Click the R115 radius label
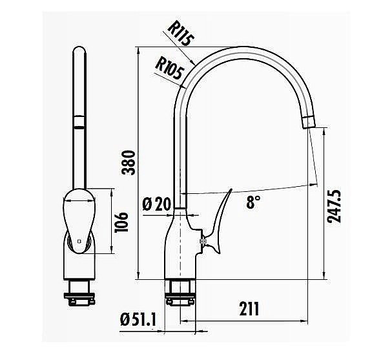(x=181, y=33)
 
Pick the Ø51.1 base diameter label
(x=139, y=319)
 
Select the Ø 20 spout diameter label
(x=155, y=204)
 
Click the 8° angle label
(x=254, y=203)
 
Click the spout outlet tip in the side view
(x=307, y=122)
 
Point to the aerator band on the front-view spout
(x=78, y=123)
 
